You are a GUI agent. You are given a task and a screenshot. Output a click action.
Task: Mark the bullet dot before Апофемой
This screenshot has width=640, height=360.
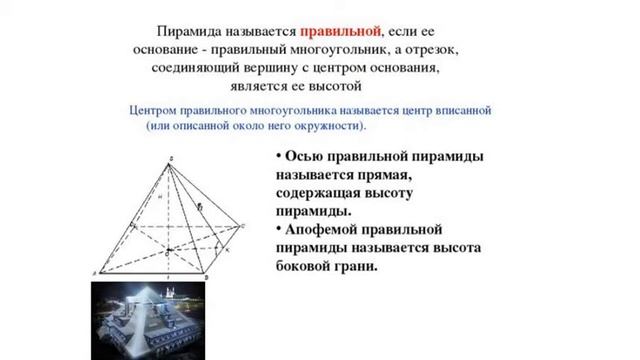[279, 229]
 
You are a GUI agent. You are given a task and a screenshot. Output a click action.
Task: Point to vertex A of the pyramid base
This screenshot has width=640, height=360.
[97, 272]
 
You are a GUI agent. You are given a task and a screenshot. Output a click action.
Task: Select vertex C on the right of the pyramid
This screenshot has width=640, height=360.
[241, 226]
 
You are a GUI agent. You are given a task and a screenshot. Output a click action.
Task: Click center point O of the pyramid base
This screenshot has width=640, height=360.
[169, 249]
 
